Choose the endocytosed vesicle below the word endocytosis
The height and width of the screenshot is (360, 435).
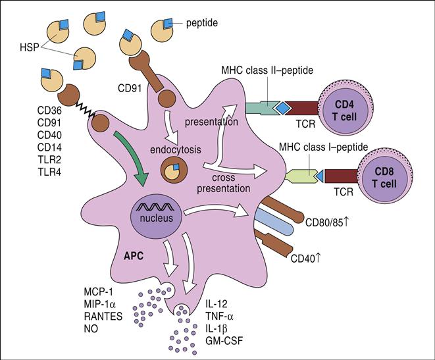coord(174,173)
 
